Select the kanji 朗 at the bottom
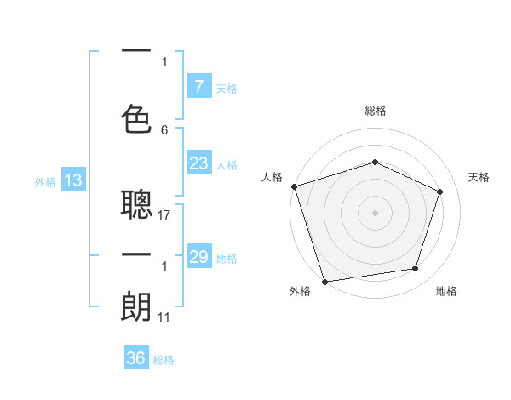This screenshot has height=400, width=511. (136, 306)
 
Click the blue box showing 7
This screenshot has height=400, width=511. (198, 86)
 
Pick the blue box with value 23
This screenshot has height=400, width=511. (198, 163)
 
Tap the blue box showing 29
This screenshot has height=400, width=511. (198, 257)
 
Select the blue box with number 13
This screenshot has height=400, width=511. (73, 180)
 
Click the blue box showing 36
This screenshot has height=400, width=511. (135, 358)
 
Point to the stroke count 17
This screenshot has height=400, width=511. (165, 215)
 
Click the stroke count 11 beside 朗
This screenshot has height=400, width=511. (165, 317)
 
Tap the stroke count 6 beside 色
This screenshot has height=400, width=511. (164, 130)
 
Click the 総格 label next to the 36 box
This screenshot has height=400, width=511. (164, 360)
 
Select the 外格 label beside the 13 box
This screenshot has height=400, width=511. (44, 182)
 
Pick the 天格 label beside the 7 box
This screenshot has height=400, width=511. (226, 88)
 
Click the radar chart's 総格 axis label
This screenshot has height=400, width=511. (375, 111)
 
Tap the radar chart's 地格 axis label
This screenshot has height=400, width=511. (446, 291)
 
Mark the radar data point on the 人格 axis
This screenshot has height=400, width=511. (294, 186)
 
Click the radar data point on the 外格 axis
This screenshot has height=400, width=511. (324, 280)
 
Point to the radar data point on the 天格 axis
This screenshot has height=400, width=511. (440, 191)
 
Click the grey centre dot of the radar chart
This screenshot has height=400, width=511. (375, 212)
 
